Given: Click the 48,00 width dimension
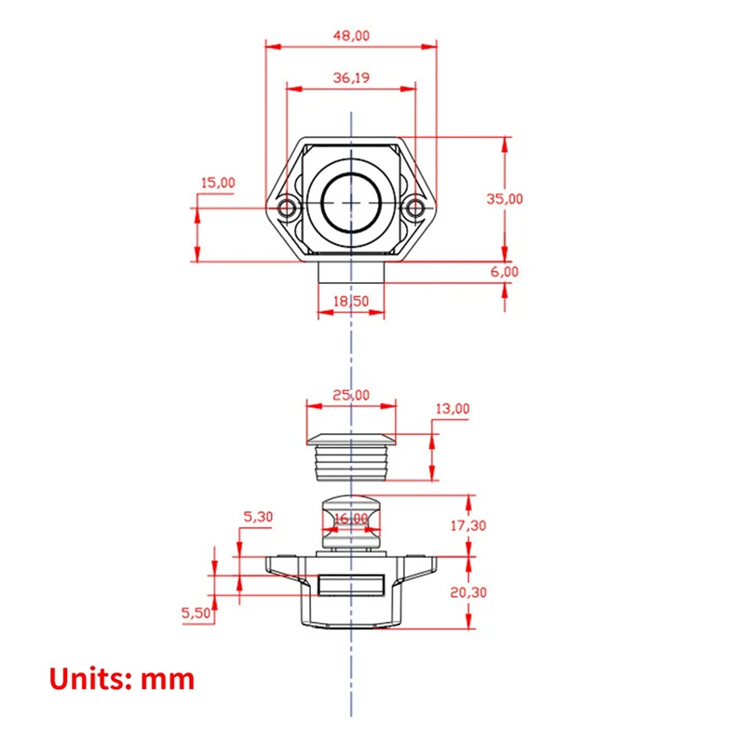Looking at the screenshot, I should tap(350, 35).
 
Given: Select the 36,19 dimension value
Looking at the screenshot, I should tap(350, 79).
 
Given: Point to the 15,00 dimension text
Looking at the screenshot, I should tap(218, 183).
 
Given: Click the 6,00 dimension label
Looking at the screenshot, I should tap(504, 272).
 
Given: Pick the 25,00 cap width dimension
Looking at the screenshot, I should tap(350, 395).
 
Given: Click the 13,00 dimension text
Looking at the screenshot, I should tap(453, 409).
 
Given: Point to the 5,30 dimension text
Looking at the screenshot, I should tap(258, 517).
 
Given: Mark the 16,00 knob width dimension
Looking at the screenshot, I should tap(350, 519).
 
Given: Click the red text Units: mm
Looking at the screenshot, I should tap(122, 678).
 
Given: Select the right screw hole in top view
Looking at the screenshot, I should tap(414, 206).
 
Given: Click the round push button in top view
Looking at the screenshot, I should tap(351, 202).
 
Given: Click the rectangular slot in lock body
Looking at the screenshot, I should tap(351, 585).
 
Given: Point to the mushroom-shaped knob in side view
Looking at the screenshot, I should tap(350, 521).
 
